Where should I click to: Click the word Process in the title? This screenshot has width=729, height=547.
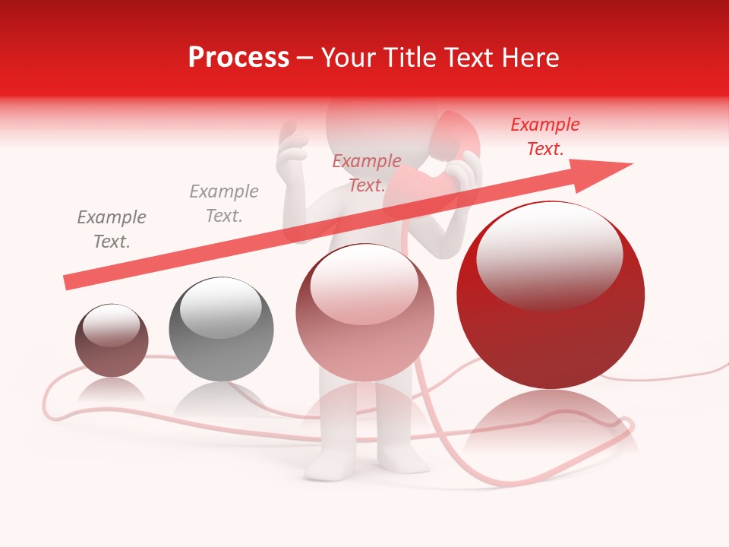coord(238,58)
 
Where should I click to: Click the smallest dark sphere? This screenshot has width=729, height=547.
coord(112,341)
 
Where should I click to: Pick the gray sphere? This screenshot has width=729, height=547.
coord(221,330)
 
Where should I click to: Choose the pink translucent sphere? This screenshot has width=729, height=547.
coord(364,313)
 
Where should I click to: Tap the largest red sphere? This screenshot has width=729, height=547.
coord(551,296)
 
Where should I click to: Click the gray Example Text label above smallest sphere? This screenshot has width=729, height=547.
coord(112,229)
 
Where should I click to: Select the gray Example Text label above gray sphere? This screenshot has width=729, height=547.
coord(224,204)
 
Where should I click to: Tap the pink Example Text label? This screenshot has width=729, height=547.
coord(367,173)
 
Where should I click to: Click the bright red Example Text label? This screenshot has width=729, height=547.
coord(545,137)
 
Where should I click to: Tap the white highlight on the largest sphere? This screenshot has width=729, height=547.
coord(549,255)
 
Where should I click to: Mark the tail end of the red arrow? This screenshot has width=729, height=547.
coord(68,282)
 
